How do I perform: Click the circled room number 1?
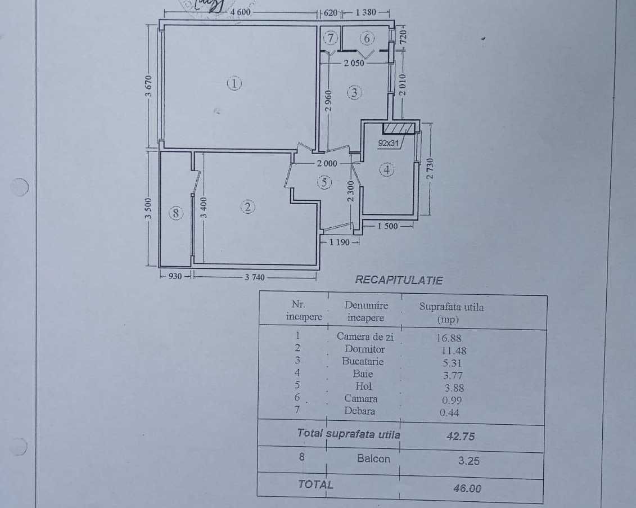click(234, 84)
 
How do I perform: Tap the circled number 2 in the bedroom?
click(248, 207)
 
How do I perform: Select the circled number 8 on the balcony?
click(177, 213)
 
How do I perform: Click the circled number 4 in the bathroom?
click(386, 169)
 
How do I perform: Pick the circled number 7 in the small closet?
click(331, 38)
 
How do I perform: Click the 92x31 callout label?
click(388, 143)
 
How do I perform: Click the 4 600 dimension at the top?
click(240, 12)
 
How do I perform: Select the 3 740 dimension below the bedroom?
click(254, 276)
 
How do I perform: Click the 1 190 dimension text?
click(339, 242)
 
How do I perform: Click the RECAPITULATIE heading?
click(399, 280)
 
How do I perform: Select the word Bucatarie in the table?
click(363, 361)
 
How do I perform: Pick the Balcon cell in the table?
click(373, 458)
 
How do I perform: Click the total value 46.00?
click(467, 488)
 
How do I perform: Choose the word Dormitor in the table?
click(365, 349)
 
